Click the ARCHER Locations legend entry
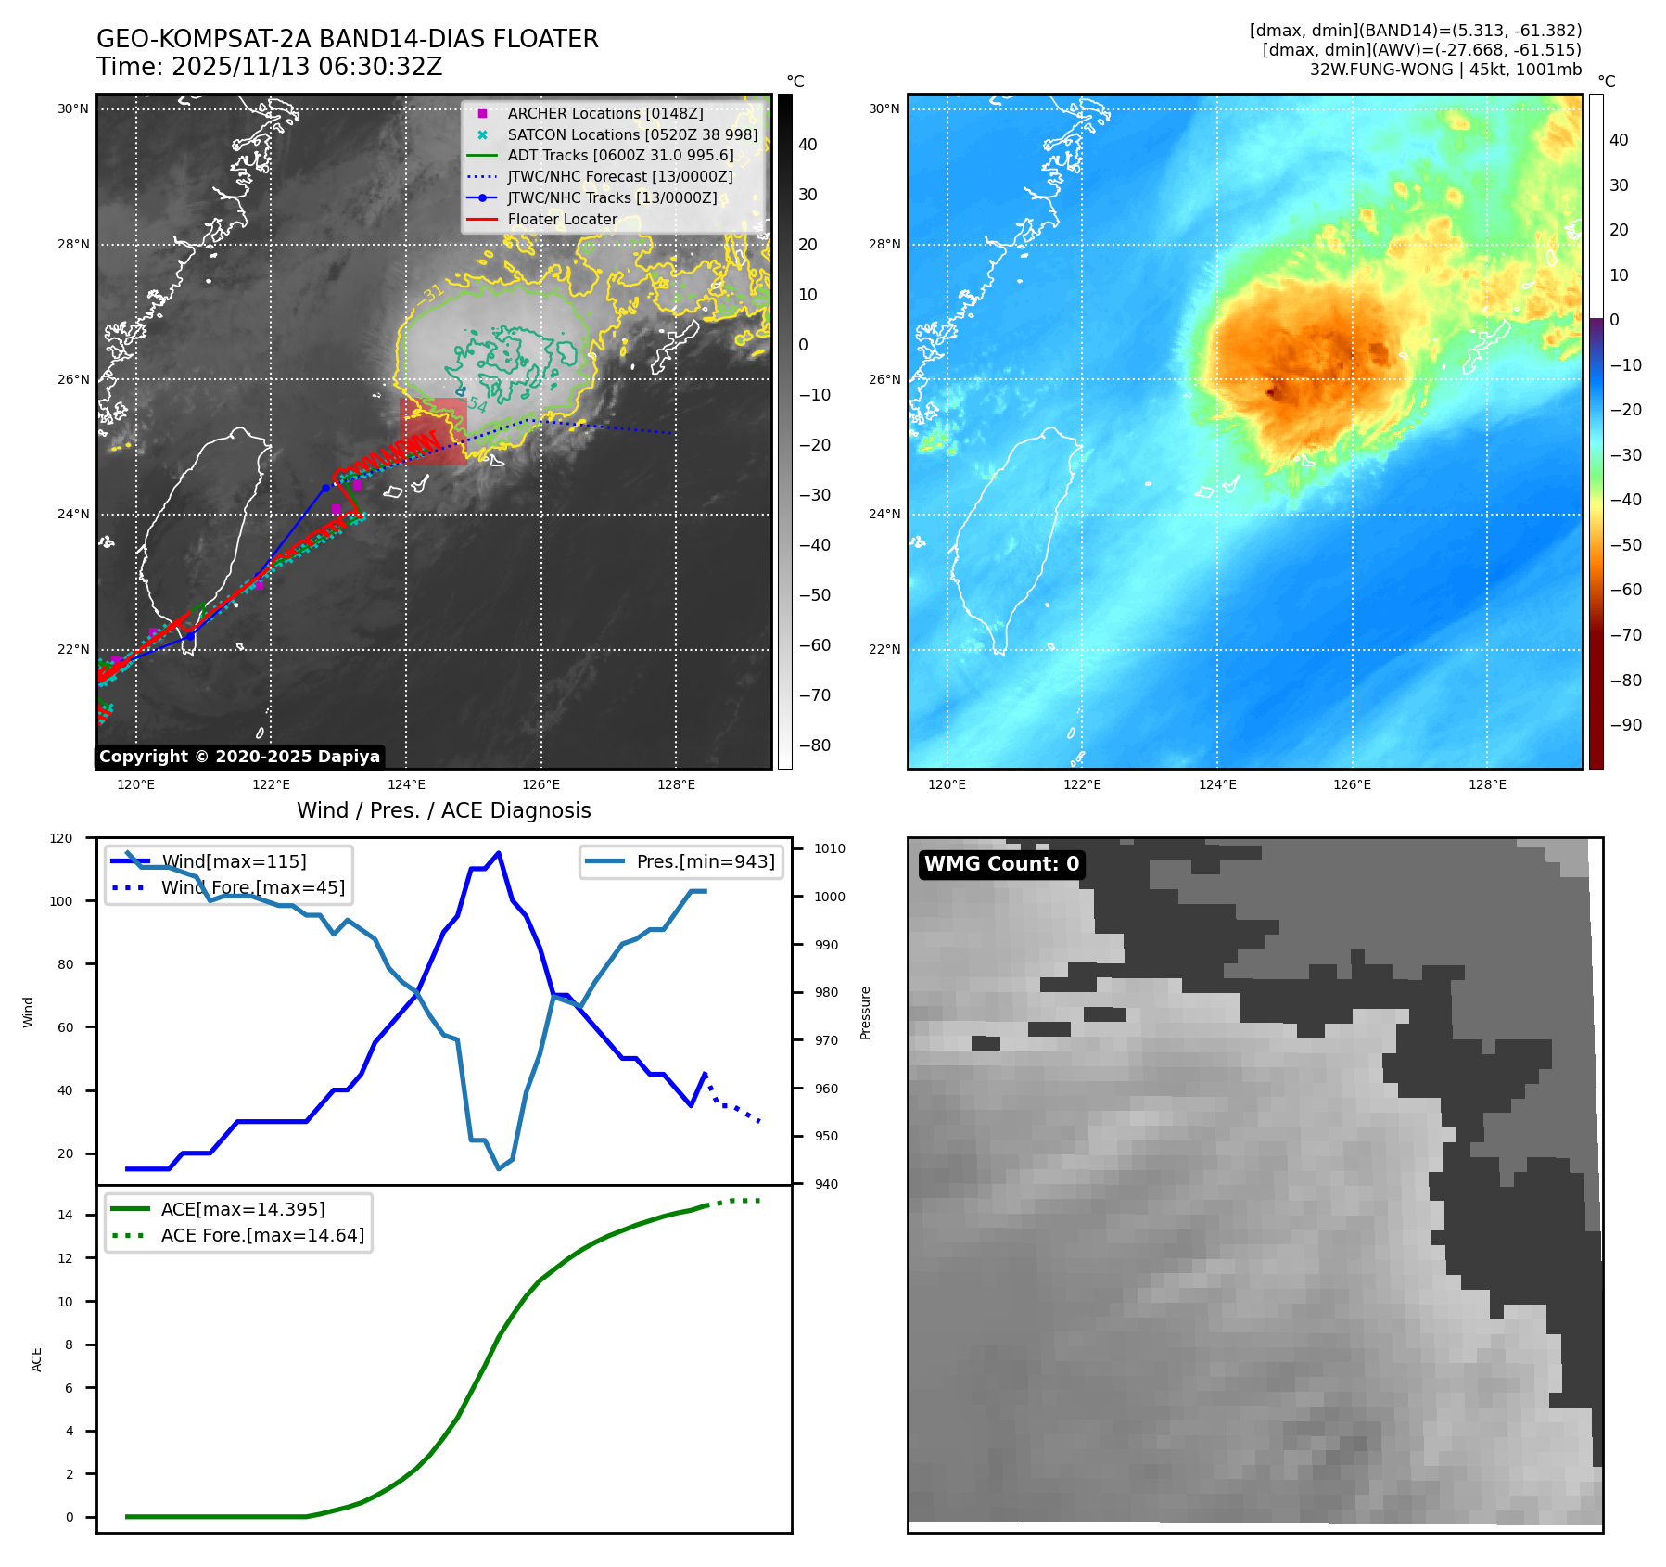pyautogui.click(x=604, y=113)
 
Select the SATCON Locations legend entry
pyautogui.click(x=631, y=134)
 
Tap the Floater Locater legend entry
pyautogui.click(x=562, y=219)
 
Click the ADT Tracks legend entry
pyautogui.click(x=619, y=155)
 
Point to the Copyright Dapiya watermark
pyautogui.click(x=239, y=757)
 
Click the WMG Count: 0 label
pyautogui.click(x=1001, y=864)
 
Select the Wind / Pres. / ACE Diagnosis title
pyautogui.click(x=443, y=810)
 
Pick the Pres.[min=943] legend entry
pyautogui.click(x=705, y=861)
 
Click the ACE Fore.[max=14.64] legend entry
pyautogui.click(x=262, y=1235)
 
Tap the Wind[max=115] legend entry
pyautogui.click(x=233, y=861)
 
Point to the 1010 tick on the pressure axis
pyautogui.click(x=830, y=848)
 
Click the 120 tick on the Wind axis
pyautogui.click(x=61, y=838)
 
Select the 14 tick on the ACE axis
pyautogui.click(x=65, y=1215)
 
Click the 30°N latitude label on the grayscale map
pyautogui.click(x=73, y=109)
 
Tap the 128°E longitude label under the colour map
pyautogui.click(x=1487, y=785)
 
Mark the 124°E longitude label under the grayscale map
pyautogui.click(x=406, y=785)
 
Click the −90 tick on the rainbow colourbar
pyautogui.click(x=1625, y=725)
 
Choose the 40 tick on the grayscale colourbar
pyautogui.click(x=808, y=145)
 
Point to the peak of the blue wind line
pyautogui.click(x=499, y=852)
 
